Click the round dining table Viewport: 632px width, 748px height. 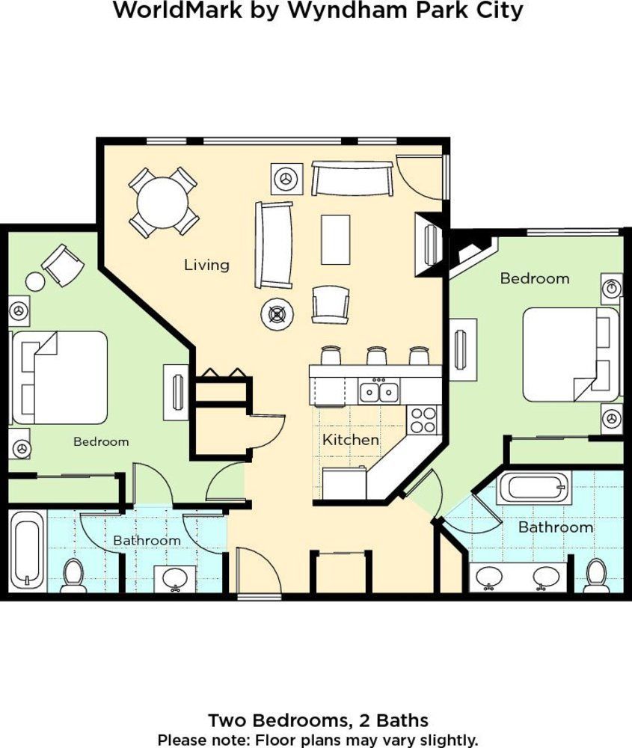click(162, 202)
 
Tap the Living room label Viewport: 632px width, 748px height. click(206, 265)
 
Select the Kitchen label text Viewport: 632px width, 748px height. click(351, 439)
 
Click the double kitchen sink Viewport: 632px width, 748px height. click(379, 392)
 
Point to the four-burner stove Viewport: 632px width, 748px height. click(423, 420)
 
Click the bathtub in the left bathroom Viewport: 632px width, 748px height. click(27, 551)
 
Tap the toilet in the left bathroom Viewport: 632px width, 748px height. click(73, 575)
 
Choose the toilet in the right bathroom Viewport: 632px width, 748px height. click(596, 575)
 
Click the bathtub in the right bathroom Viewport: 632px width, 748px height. click(534, 488)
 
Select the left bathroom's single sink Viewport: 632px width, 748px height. click(174, 579)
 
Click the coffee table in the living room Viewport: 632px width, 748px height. click(336, 239)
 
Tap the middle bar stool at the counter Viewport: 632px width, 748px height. click(376, 355)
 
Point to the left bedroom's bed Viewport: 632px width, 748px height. click(60, 378)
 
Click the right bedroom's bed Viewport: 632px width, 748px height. click(571, 355)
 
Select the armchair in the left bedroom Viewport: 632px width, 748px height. click(63, 265)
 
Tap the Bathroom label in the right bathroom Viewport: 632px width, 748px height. click(556, 527)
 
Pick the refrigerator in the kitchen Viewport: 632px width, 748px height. click(344, 483)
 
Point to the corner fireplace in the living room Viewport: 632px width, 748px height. click(429, 245)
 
